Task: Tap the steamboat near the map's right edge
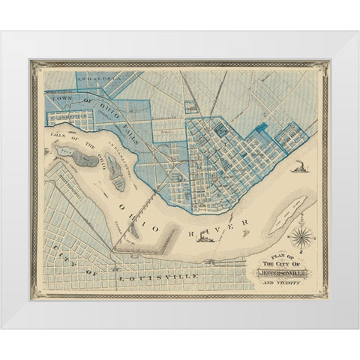[x=299, y=168]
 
